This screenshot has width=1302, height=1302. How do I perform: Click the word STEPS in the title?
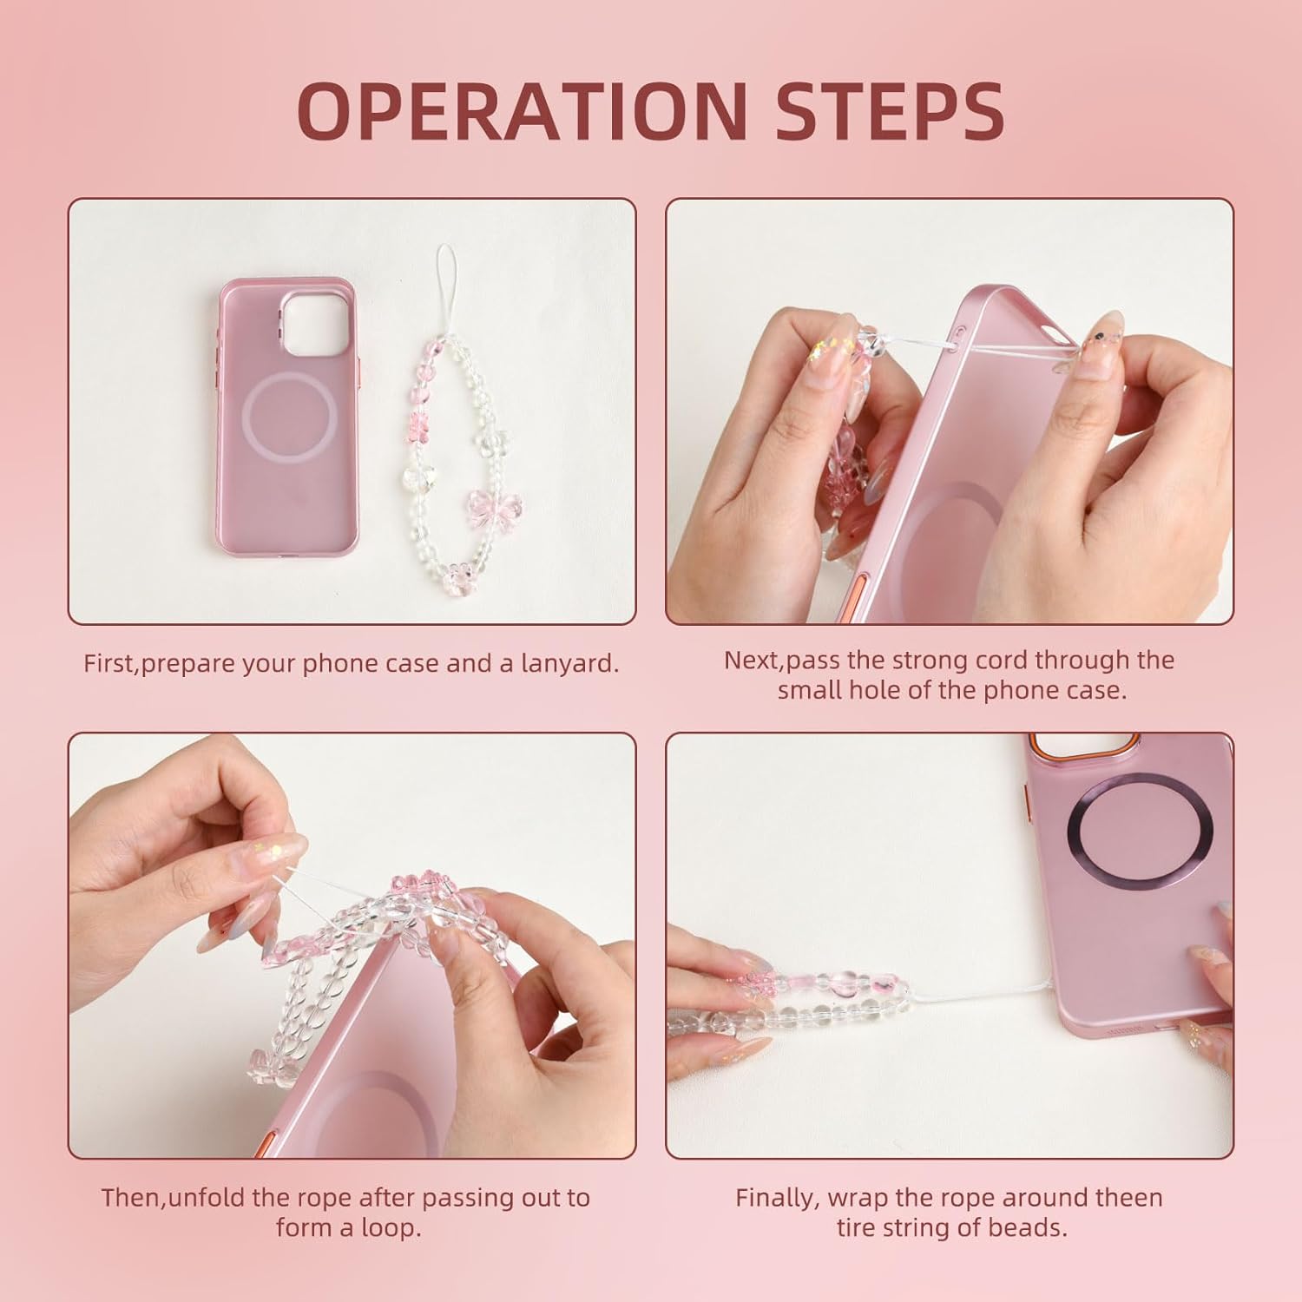point(890,111)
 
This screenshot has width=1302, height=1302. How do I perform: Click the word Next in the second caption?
point(752,660)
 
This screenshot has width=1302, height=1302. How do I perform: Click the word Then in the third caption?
point(131,1198)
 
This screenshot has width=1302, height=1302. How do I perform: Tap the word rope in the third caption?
point(319,1198)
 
